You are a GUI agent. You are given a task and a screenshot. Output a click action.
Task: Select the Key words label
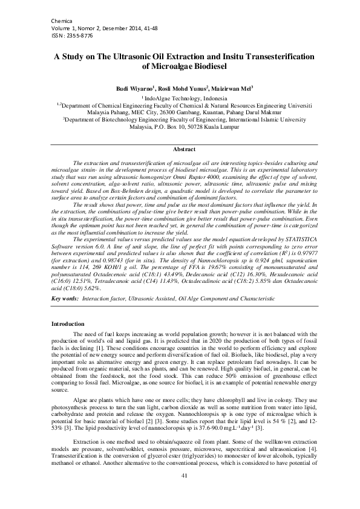64,299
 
